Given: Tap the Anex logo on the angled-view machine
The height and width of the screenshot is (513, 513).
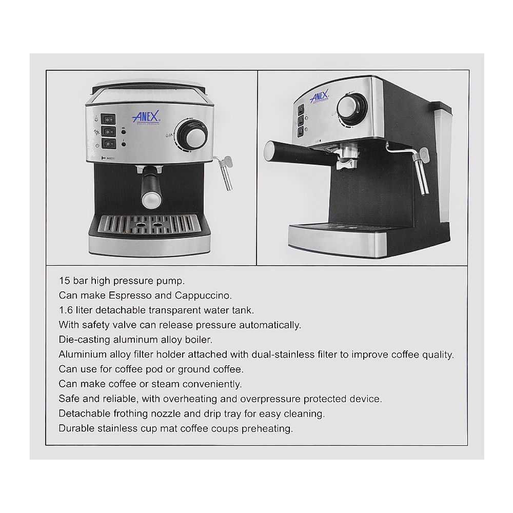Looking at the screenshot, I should click(x=321, y=96).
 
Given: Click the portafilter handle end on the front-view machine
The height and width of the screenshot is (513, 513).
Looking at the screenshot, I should click(x=149, y=194).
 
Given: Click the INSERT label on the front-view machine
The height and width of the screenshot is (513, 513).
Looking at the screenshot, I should click(x=113, y=159).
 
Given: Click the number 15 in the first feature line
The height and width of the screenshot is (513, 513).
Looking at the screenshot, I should click(x=64, y=281).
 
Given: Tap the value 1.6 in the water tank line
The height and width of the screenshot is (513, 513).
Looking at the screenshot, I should click(x=65, y=310).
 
